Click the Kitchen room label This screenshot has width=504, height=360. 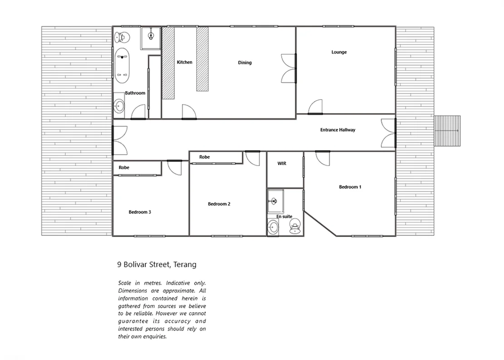(185, 62)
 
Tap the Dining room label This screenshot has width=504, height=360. (245, 63)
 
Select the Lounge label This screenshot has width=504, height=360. (339, 52)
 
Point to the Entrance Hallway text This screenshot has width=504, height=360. (338, 130)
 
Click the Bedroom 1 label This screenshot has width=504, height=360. (350, 187)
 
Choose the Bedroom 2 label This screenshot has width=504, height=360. (219, 204)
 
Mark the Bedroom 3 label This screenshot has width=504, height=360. (140, 212)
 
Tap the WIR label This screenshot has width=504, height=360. (282, 163)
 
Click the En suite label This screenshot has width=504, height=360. (284, 217)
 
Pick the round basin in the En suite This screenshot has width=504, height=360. (273, 228)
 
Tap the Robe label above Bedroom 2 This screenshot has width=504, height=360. (205, 157)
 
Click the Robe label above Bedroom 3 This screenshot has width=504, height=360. (124, 168)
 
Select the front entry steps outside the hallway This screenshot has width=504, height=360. (447, 131)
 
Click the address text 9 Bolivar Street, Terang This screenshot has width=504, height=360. (157, 264)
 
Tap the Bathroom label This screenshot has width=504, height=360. (135, 93)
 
